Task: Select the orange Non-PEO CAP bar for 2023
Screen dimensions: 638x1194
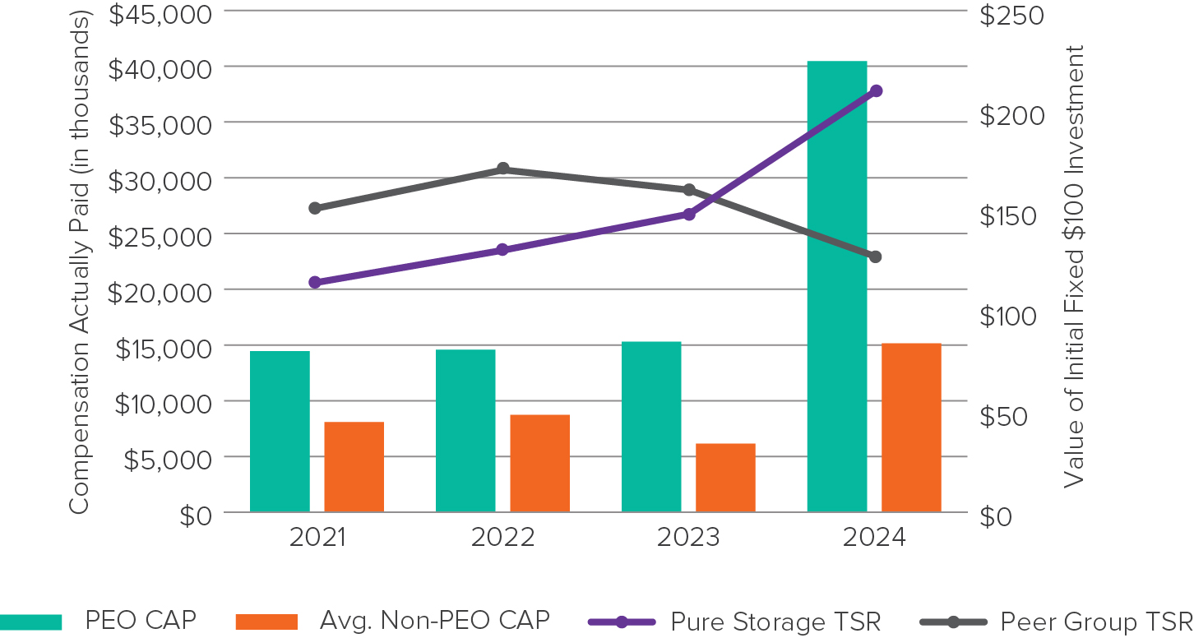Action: coord(725,478)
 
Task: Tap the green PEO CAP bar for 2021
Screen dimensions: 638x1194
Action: coord(280,432)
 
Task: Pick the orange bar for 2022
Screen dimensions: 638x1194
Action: coord(539,464)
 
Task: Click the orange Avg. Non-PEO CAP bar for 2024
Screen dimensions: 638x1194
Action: coord(911,428)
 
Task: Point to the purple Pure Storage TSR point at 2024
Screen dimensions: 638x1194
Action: coord(876,90)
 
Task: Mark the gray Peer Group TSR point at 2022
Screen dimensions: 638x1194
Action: coord(503,169)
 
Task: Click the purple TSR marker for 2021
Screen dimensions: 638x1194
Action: coord(314,282)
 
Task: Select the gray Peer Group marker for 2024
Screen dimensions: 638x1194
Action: coord(875,257)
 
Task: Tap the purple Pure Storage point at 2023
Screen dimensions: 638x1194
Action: coord(689,215)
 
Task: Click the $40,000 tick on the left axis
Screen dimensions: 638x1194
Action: coord(159,68)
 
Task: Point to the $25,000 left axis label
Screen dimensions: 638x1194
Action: coord(159,236)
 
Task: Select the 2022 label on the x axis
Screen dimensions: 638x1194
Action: coord(502,538)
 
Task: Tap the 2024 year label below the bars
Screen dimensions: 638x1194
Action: coord(874,538)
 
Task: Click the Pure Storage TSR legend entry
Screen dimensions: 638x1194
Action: coord(734,622)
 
